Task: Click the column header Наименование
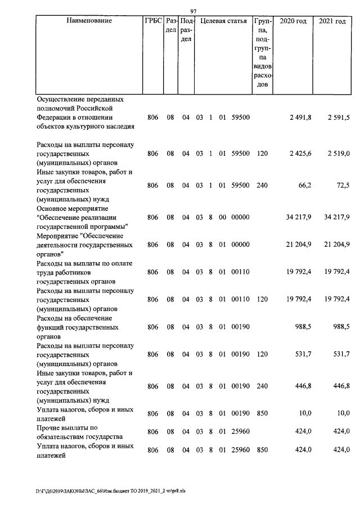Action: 89,21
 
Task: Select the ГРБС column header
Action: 153,21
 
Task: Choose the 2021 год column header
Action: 332,21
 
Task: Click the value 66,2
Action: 303,185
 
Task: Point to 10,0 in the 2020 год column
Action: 305,413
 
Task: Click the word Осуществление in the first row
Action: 63,99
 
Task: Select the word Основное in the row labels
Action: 52,208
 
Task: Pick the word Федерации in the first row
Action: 54,117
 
